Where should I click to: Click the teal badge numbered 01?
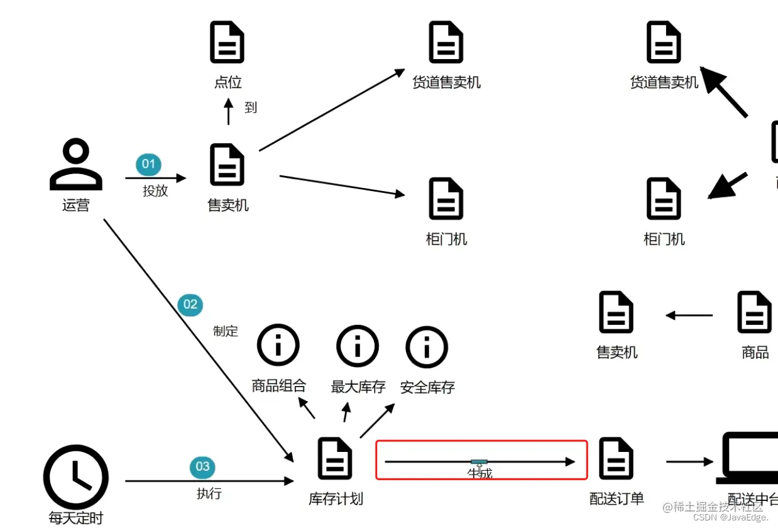tap(148, 165)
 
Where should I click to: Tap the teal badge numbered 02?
tap(190, 305)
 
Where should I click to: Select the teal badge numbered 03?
tap(202, 466)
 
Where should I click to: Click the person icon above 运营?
tap(76, 165)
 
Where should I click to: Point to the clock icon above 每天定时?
tap(76, 477)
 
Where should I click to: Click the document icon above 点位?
tap(227, 42)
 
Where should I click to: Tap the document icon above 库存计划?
tap(335, 459)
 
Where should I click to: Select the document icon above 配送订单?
tap(616, 459)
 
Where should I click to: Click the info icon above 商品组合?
tap(278, 345)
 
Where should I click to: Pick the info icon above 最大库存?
tap(358, 345)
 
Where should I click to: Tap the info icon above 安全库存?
tap(427, 345)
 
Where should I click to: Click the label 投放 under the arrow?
tap(155, 191)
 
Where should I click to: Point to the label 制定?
tap(226, 331)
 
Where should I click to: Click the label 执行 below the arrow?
tap(209, 493)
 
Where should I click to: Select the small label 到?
tap(251, 107)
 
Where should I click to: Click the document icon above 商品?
tap(754, 312)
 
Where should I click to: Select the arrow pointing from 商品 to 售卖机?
tap(689, 316)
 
